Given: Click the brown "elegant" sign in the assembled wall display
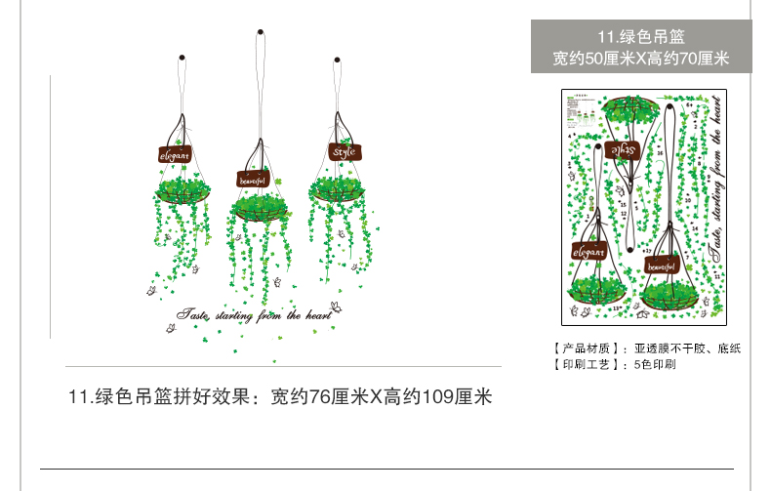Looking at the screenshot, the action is [x=176, y=154].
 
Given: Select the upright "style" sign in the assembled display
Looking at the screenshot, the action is [x=345, y=152].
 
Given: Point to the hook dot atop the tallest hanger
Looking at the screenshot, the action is [x=261, y=34].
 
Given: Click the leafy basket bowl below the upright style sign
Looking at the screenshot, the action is [x=342, y=191].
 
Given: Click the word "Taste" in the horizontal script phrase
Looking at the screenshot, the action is [x=193, y=314].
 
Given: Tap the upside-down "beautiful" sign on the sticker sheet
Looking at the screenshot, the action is [x=662, y=265].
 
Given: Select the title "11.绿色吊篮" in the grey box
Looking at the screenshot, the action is [x=641, y=38].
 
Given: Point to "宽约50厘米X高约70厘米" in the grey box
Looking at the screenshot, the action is [x=641, y=59].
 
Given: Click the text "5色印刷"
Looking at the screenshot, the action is [x=655, y=365].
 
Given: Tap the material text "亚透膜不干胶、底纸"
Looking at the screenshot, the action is [x=688, y=348].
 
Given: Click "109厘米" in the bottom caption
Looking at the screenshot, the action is [x=461, y=397].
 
